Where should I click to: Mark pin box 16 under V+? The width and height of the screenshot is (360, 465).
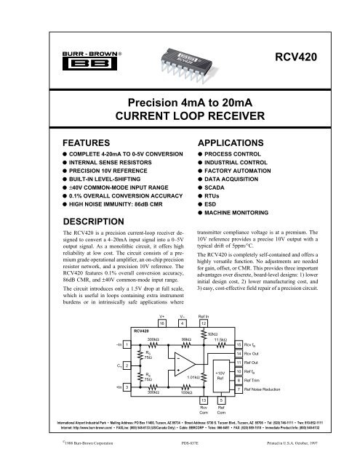tap(162, 345)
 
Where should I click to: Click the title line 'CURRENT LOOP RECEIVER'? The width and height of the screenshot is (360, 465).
tap(180, 116)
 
